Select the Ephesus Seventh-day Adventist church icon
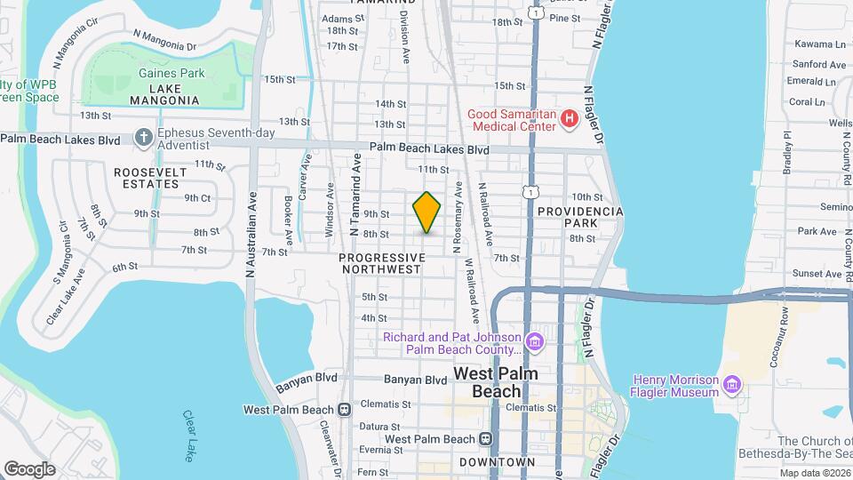(143, 138)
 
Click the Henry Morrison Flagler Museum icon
(731, 384)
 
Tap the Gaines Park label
(171, 74)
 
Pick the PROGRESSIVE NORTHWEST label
(380, 262)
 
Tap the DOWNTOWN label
(498, 462)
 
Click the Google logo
(29, 468)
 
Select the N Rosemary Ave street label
(458, 219)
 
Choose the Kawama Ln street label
(819, 44)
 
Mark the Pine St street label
(564, 18)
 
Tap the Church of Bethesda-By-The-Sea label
(814, 448)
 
